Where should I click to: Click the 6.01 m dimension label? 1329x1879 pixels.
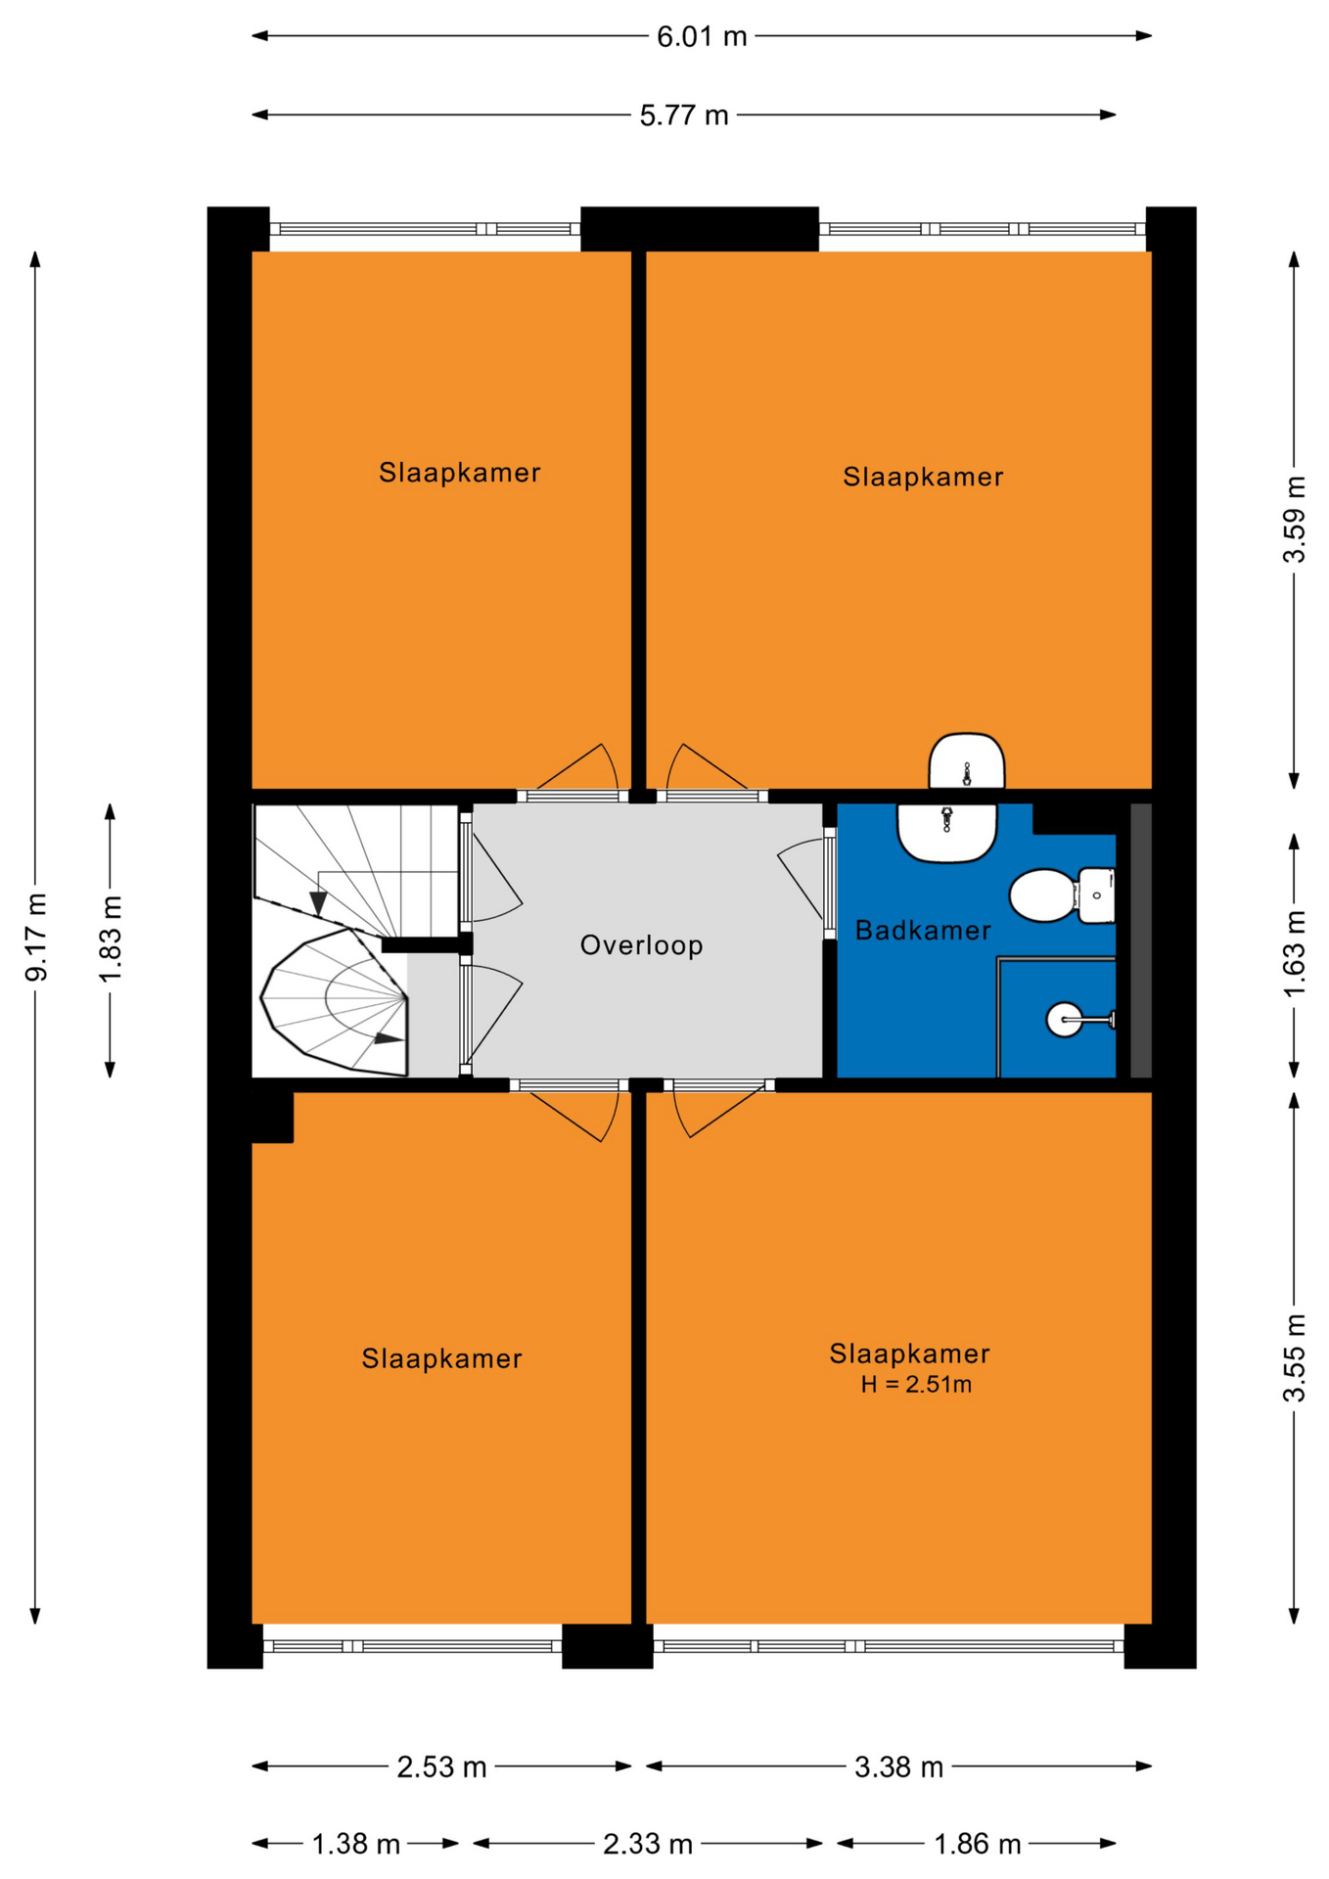701,37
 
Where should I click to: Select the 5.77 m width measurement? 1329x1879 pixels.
684,116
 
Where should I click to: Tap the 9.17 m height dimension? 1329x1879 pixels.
36,937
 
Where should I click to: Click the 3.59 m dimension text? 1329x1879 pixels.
1295,520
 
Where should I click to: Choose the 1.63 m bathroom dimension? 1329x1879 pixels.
1295,954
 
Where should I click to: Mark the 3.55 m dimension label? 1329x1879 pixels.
1295,1358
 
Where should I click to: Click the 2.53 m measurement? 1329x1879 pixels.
441,1767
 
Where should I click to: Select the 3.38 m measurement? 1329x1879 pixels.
898,1767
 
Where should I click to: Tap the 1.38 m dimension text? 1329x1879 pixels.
355,1845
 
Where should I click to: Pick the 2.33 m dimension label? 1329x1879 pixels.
648,1845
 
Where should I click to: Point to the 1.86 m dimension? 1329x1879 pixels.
977,1845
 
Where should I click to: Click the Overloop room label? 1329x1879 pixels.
642,945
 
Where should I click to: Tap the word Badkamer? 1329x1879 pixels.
923,931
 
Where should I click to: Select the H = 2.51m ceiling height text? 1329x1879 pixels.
916,1385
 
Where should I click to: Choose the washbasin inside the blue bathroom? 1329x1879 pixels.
946,833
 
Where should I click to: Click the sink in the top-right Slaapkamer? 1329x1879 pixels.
967,761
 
